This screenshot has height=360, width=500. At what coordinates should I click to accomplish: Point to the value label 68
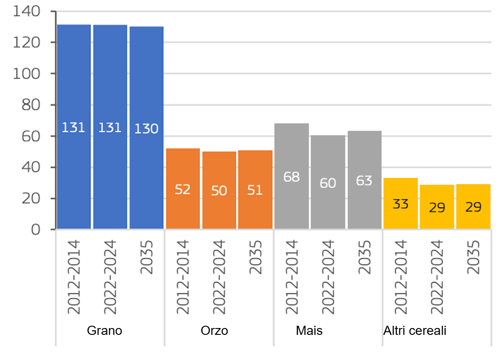pos(292,177)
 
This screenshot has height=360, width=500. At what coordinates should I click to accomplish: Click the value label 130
pos(146,129)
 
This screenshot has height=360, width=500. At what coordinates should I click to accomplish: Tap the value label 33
pos(400,204)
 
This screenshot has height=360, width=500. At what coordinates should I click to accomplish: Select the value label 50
pos(219,191)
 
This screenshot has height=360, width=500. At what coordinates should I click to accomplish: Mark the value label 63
pos(364,180)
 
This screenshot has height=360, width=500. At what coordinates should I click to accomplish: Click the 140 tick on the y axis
pos(29,11)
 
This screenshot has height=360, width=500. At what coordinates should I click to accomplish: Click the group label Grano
pos(105,331)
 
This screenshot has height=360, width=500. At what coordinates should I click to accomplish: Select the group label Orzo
pos(214,331)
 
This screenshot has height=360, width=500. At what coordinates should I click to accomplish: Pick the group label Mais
pos(309,331)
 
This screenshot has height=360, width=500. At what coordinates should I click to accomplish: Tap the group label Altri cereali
pos(415,331)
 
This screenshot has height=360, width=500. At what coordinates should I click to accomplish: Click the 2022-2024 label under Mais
pos(328,276)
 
